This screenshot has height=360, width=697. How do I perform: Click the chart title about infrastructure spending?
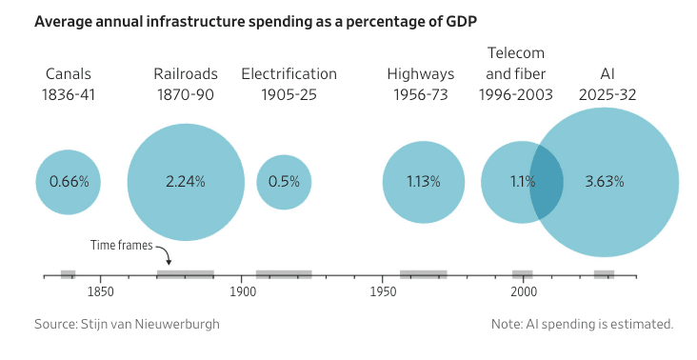point(255,21)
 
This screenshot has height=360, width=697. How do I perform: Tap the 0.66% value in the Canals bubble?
point(69,181)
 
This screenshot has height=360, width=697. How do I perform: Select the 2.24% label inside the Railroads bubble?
point(186,181)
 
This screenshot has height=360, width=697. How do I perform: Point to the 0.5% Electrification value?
point(284,181)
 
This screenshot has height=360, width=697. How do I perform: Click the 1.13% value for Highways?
point(423,181)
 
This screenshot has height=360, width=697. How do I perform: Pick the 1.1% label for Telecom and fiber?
point(523,181)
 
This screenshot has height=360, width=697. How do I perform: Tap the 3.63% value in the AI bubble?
point(605,181)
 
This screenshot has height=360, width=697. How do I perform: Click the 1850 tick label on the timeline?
point(101,292)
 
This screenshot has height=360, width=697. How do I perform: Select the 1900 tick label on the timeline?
point(242,292)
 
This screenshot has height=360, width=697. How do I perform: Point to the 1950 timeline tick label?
point(383,292)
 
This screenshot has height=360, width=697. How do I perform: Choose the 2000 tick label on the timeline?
point(524,292)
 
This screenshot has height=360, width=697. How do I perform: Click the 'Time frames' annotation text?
point(121,245)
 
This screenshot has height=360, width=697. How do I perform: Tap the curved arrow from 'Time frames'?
point(166,253)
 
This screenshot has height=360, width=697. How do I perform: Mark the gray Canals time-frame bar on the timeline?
point(68,274)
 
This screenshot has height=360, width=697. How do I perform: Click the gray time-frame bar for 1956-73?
point(423,274)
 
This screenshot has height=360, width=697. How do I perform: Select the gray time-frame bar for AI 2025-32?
point(604,274)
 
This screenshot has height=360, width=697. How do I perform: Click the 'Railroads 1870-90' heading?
point(186,84)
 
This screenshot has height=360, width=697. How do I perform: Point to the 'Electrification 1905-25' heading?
point(289,84)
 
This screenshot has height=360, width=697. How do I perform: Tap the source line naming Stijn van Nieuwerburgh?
point(128,324)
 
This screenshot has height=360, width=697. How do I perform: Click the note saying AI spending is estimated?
point(583,324)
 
